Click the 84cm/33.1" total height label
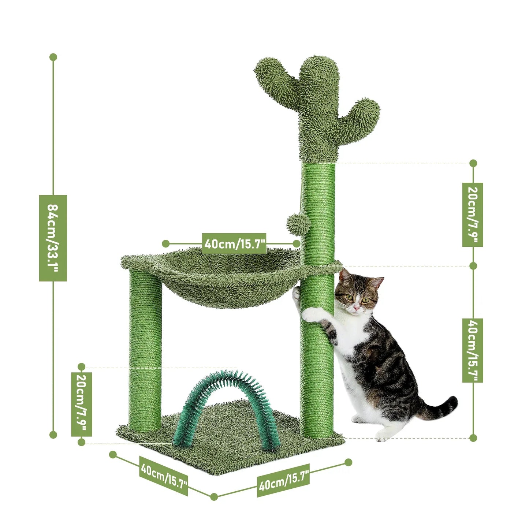[53, 238]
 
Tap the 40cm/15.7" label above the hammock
[234, 243]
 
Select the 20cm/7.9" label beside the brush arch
[81, 404]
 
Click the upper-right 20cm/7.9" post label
[473, 215]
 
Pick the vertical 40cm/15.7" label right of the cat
[473, 350]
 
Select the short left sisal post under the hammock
[145, 351]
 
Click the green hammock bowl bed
[227, 282]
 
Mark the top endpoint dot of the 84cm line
[53, 57]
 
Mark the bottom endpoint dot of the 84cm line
[53, 435]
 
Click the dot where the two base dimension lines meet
[214, 497]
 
